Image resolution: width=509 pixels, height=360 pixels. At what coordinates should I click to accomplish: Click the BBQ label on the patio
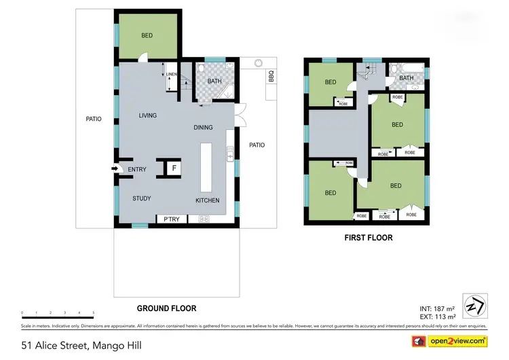coord(271,75)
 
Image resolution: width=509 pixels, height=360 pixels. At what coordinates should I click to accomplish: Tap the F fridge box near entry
coord(174,167)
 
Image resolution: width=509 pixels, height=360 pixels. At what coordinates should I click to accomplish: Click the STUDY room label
coord(141,198)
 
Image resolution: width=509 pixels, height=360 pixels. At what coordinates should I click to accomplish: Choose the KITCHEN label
coord(208,200)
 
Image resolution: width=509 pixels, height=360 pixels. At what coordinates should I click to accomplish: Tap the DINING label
coord(203,127)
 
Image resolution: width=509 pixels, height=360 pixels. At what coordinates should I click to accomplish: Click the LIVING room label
coord(148,115)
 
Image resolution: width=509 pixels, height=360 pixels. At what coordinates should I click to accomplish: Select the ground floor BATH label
coord(214,82)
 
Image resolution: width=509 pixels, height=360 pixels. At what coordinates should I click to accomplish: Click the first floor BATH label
coord(406,78)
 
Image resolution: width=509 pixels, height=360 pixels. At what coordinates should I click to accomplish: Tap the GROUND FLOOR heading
coord(164,308)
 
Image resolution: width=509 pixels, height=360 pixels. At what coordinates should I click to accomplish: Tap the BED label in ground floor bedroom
coord(147,35)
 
